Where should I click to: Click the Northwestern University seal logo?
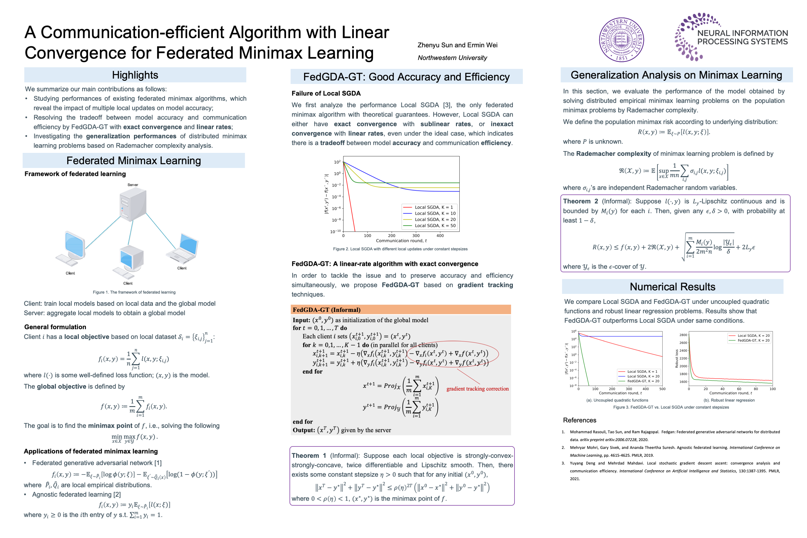(x=621, y=40)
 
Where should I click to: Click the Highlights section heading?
(x=135, y=75)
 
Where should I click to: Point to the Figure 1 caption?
(x=134, y=292)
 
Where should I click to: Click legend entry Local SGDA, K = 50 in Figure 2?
(x=435, y=226)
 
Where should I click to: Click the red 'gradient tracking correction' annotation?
(x=477, y=388)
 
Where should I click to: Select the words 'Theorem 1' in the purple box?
(x=309, y=455)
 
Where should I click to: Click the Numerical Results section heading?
(x=672, y=287)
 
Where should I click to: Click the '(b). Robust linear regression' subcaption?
(x=728, y=400)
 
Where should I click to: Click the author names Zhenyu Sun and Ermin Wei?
(x=457, y=45)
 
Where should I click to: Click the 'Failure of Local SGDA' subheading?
(x=326, y=93)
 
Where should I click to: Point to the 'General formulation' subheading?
(x=55, y=327)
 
